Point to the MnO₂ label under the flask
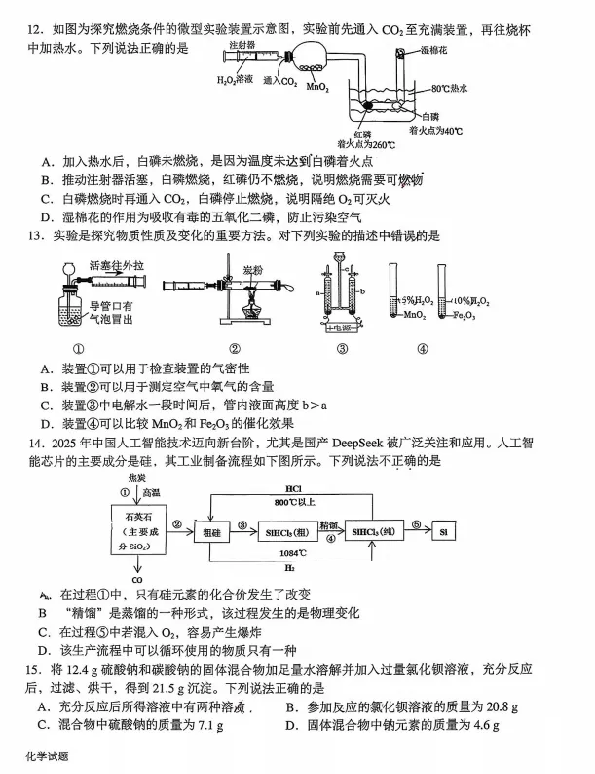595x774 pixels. click(316, 87)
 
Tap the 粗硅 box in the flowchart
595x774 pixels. click(212, 533)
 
